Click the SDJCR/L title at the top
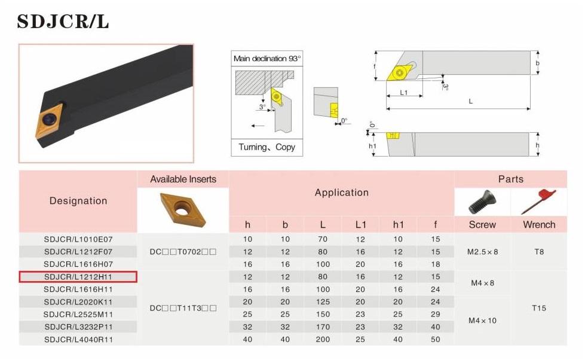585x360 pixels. tap(63, 22)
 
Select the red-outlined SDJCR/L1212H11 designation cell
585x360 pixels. tap(78, 277)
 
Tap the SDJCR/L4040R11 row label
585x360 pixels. tap(78, 340)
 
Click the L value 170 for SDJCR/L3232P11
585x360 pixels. tap(323, 327)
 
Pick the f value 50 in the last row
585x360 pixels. tap(436, 340)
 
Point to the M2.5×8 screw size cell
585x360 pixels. tap(482, 252)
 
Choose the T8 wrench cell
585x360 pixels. tap(539, 252)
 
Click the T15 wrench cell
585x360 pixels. tap(539, 308)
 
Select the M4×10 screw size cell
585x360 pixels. tap(482, 321)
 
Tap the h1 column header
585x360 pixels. tap(398, 224)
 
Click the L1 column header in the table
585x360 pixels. tap(360, 224)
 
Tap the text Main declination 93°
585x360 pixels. tap(267, 59)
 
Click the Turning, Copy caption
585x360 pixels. tap(267, 147)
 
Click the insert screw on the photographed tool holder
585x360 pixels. tap(49, 120)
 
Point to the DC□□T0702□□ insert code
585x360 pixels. tap(183, 252)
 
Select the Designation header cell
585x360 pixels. tap(78, 201)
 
